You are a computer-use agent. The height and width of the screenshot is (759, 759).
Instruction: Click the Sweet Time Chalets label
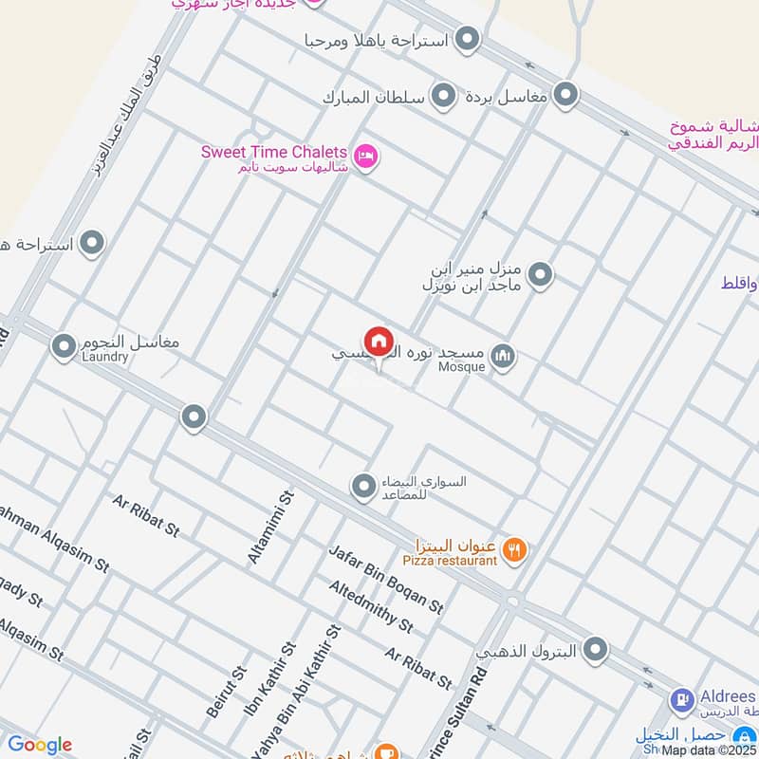point(273,151)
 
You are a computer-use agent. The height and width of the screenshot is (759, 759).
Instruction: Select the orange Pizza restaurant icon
point(515,548)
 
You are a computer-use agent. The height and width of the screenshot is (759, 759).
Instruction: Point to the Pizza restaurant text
point(455,561)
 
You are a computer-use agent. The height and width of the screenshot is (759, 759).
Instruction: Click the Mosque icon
point(504,357)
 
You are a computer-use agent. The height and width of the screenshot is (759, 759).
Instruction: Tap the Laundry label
point(104,357)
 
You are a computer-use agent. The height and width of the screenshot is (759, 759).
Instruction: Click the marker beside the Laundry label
point(64,347)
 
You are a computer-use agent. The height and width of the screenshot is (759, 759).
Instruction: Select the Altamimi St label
point(268,528)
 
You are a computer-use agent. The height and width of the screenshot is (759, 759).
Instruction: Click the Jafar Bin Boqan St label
point(386,579)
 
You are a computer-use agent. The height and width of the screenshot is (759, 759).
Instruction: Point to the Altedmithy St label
point(371,607)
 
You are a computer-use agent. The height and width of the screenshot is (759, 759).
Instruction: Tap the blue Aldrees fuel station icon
point(680,700)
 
